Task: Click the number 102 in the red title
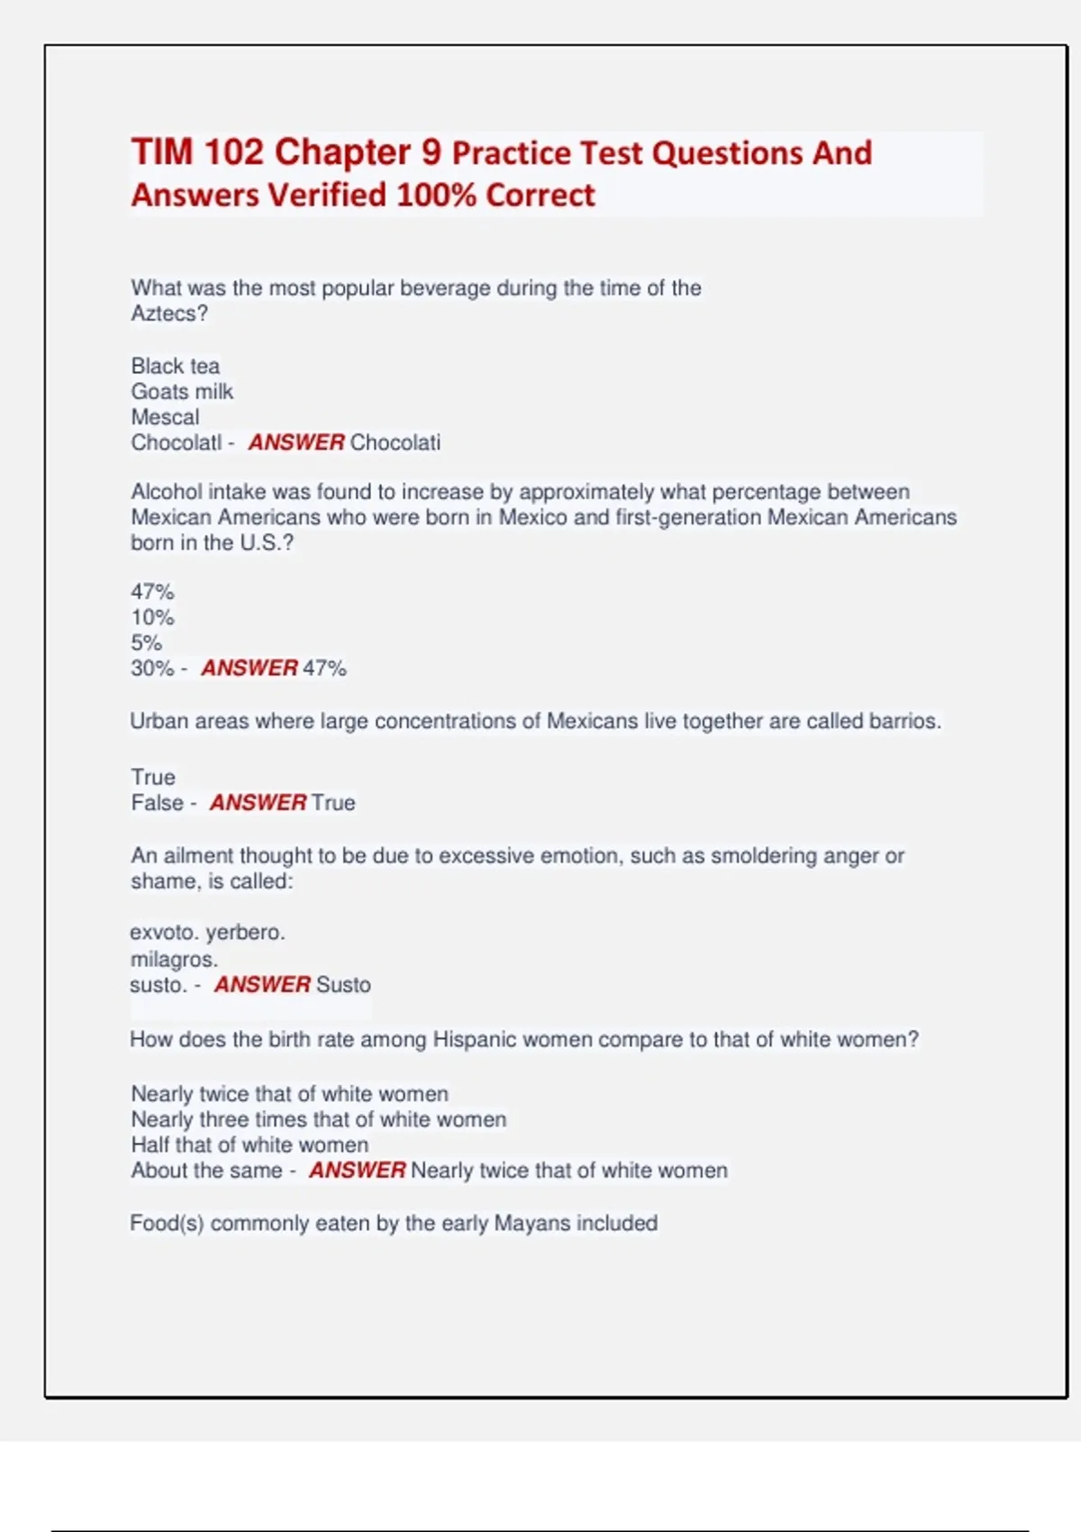click(233, 152)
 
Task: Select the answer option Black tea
click(175, 366)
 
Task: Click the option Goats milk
click(182, 391)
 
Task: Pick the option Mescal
click(165, 417)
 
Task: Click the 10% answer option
click(152, 617)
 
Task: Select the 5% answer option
click(146, 643)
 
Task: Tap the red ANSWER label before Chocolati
click(296, 442)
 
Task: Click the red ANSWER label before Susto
click(262, 984)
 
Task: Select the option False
click(157, 802)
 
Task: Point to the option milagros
click(173, 959)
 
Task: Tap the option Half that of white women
click(250, 1144)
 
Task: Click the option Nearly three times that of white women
click(318, 1119)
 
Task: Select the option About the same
click(206, 1170)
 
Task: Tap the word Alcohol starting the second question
click(167, 492)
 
